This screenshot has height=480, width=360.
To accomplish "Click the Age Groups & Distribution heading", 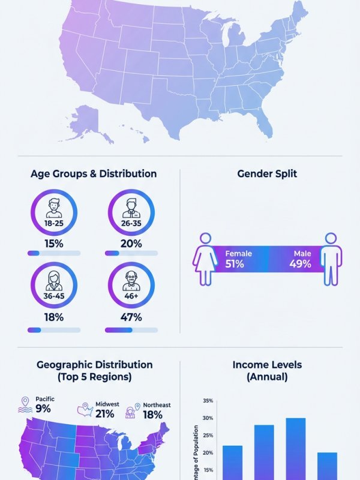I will coord(94,174).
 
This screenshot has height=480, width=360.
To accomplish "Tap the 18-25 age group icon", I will coord(54,213).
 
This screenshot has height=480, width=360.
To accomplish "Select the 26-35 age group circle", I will coord(131,213).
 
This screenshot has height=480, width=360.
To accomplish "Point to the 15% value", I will coord(54,244).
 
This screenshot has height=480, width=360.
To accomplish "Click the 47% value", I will coord(131,317).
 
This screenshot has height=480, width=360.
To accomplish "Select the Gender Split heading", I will coord(267,174).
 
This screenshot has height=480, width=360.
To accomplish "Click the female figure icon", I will coord(205,259).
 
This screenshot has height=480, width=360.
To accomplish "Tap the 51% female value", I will coord(235,264).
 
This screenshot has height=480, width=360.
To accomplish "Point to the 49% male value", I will coord(300,264).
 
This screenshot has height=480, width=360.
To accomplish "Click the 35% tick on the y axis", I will coord(208,401).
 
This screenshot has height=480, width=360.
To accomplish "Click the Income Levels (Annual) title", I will coord(267,371).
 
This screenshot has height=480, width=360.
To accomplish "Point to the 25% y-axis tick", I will coord(208,436).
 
